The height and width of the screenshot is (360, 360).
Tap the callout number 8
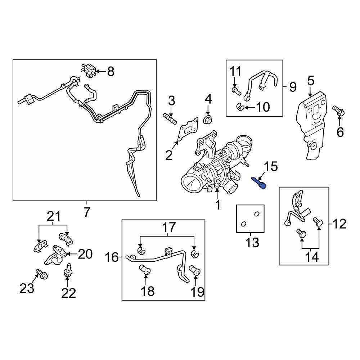[110, 72]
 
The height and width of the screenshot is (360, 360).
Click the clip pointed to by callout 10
[241, 106]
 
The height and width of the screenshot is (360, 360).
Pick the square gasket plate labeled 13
[250, 219]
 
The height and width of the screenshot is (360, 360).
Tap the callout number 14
[312, 257]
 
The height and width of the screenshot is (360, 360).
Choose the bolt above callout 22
[68, 270]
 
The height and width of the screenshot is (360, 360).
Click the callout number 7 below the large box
[86, 213]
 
